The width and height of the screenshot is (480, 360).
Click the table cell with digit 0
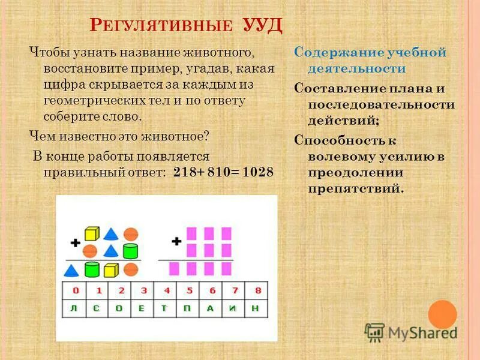click(76, 290)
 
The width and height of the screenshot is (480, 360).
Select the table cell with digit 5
click(190, 290)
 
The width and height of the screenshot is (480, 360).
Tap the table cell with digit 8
click(257, 290)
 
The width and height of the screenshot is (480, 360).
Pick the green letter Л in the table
click(76, 308)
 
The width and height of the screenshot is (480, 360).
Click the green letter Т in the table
click(167, 308)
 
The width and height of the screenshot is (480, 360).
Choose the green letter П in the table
click(190, 308)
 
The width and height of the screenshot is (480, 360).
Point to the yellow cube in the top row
click(91, 233)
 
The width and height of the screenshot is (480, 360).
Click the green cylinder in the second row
click(131, 250)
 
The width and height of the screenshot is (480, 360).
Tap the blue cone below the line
click(71, 270)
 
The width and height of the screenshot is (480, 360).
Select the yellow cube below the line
click(110, 270)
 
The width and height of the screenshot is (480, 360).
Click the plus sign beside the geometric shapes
click(75, 242)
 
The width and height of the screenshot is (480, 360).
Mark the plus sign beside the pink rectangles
click(176, 241)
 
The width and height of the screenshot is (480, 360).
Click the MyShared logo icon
click(374, 332)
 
